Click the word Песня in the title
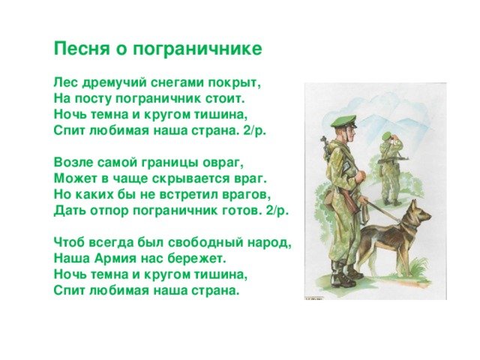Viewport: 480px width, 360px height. pyautogui.click(x=82, y=48)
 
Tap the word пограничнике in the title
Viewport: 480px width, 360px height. pyautogui.click(x=197, y=49)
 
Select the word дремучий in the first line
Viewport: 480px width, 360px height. pyautogui.click(x=111, y=82)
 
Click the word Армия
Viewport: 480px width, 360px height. pyautogui.click(x=115, y=258)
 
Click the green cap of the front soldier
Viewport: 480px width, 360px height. pyautogui.click(x=343, y=121)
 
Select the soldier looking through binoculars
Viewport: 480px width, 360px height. pyautogui.click(x=391, y=169)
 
